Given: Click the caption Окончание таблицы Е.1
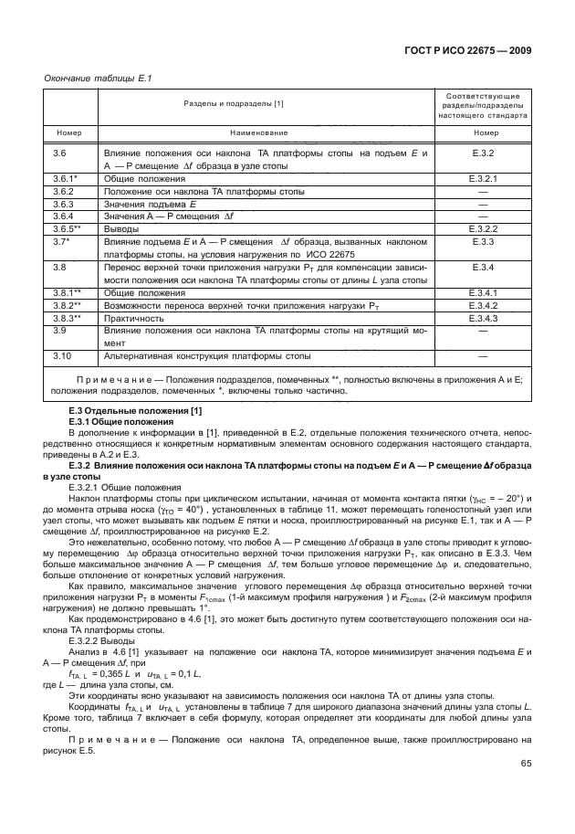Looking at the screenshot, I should click(x=98, y=78).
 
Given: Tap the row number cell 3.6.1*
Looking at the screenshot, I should click(x=66, y=179).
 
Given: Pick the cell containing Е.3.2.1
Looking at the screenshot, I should click(x=485, y=179).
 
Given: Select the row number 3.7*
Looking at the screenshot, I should click(x=62, y=241).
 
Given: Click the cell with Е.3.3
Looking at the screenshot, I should click(x=485, y=241).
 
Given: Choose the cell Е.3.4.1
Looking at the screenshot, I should click(x=485, y=291).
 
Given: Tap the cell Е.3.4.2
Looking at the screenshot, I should click(x=485, y=304).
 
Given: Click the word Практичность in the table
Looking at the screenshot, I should click(x=133, y=318).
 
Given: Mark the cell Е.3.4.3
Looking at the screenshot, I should click(x=485, y=318).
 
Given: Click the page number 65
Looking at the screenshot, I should click(x=526, y=764).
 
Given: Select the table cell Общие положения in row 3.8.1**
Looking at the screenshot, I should click(x=141, y=291).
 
